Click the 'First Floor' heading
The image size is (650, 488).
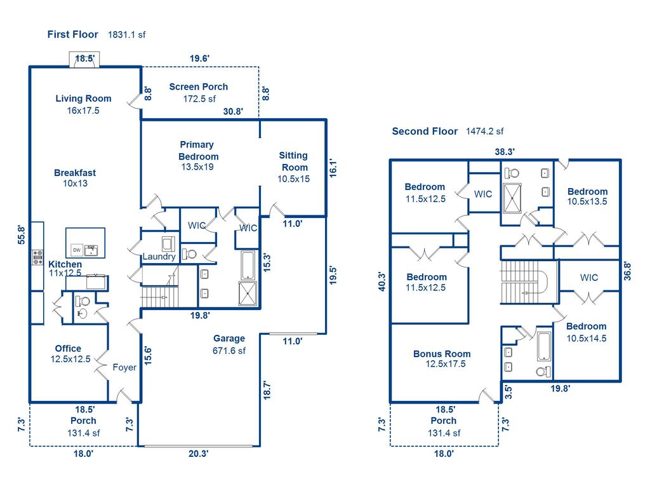(73, 34)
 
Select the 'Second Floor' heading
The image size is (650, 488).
(425, 131)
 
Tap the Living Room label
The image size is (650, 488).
(83, 98)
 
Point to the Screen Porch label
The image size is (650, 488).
(198, 86)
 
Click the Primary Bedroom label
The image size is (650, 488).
(198, 151)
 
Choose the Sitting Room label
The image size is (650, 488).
(293, 161)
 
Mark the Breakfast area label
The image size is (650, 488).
(75, 173)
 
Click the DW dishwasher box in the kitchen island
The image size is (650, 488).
(76, 249)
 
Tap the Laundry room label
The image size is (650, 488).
(159, 257)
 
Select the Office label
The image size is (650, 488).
(68, 348)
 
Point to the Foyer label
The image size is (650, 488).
(124, 367)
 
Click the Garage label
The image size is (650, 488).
(229, 339)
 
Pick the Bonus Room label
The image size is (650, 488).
(442, 354)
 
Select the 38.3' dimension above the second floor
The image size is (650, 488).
(505, 151)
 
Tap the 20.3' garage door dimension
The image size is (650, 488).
(199, 454)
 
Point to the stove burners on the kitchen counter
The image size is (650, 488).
(37, 258)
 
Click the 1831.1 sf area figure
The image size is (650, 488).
(127, 35)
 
